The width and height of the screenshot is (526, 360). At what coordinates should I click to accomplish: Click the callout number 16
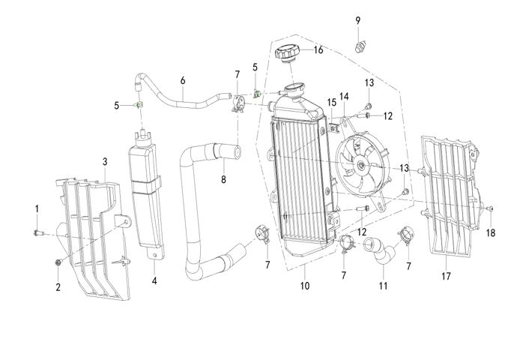[x=318, y=50]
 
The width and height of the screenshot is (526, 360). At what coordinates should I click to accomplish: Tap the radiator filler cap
[x=288, y=54]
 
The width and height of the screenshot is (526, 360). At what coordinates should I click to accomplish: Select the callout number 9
[x=357, y=19]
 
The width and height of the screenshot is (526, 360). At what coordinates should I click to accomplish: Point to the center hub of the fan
[x=361, y=164]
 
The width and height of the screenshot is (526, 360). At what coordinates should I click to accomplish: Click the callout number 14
[x=345, y=96]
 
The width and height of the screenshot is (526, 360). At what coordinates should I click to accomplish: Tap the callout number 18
[x=491, y=233]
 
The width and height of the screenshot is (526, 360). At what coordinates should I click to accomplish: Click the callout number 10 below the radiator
[x=304, y=286]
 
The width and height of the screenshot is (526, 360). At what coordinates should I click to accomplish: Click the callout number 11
[x=384, y=286]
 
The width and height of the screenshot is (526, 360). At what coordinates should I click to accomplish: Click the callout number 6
[x=182, y=80]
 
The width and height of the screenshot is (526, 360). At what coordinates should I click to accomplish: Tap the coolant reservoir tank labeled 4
[x=147, y=187]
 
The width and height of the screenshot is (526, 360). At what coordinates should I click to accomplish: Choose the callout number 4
[x=154, y=281]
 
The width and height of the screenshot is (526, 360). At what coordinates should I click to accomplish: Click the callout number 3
[x=105, y=161]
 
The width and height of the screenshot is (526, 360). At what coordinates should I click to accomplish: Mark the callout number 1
[x=36, y=207]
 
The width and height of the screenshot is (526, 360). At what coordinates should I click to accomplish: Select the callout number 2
[x=58, y=286]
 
